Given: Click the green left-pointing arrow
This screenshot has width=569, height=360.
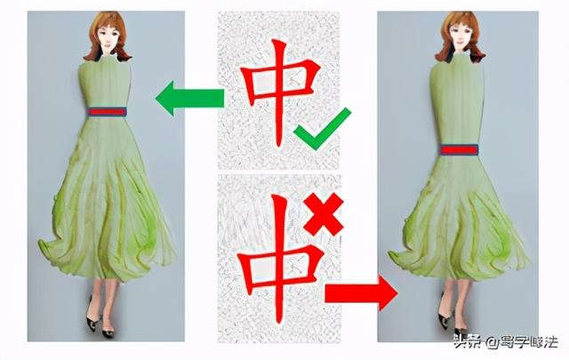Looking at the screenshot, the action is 189,99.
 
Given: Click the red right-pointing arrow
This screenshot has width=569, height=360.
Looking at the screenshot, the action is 361,292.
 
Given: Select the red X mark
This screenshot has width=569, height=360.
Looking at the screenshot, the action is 324,214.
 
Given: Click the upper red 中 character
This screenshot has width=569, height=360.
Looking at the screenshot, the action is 279,92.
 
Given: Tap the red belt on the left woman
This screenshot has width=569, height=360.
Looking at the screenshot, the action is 108,112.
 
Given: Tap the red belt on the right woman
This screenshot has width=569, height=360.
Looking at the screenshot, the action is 459,149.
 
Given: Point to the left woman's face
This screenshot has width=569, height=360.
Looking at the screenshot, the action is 108,37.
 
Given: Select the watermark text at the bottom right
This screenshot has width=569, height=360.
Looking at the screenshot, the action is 506,342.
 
